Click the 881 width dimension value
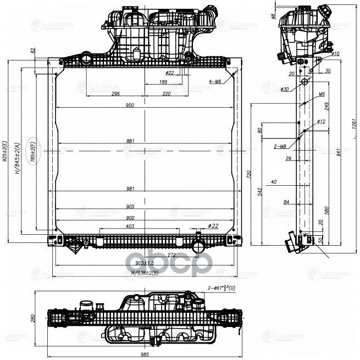(130, 142)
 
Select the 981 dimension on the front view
(130, 189)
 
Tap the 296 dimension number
(115, 93)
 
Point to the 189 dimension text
(163, 82)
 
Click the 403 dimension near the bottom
(130, 226)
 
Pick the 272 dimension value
(156, 254)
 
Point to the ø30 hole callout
(284, 89)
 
